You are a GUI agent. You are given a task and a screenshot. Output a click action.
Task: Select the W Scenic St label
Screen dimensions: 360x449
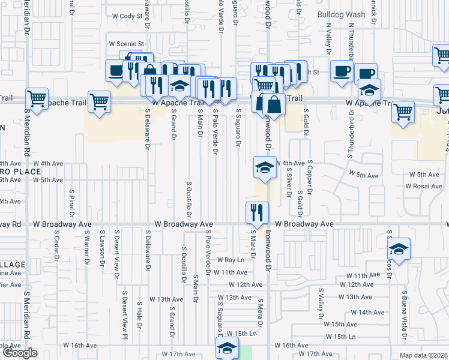[x=126, y=44]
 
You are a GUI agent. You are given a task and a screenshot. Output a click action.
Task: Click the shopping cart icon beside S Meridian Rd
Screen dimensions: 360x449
[x=37, y=100]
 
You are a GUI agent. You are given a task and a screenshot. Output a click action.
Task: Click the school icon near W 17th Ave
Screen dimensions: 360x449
[x=228, y=348]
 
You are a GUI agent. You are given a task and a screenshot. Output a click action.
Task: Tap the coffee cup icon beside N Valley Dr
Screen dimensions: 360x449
[x=342, y=70]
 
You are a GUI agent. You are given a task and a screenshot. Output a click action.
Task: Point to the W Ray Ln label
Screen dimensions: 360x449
[x=231, y=260]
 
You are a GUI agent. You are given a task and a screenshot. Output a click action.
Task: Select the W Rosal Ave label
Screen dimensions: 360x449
[x=423, y=186]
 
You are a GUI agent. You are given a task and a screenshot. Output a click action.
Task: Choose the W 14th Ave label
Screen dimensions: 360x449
[x=367, y=312]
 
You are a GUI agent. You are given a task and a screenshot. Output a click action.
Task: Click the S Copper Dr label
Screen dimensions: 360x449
[x=311, y=178]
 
